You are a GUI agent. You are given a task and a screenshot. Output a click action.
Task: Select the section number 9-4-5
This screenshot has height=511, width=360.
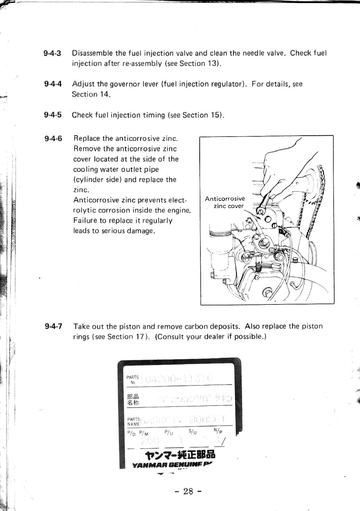[x=53, y=115]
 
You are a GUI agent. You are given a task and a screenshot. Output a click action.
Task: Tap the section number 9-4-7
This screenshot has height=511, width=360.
[x=53, y=326]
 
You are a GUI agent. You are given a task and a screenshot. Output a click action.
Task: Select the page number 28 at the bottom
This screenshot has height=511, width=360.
[x=189, y=492]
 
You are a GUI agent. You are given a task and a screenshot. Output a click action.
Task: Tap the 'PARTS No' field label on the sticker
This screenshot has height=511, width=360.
[x=133, y=379]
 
